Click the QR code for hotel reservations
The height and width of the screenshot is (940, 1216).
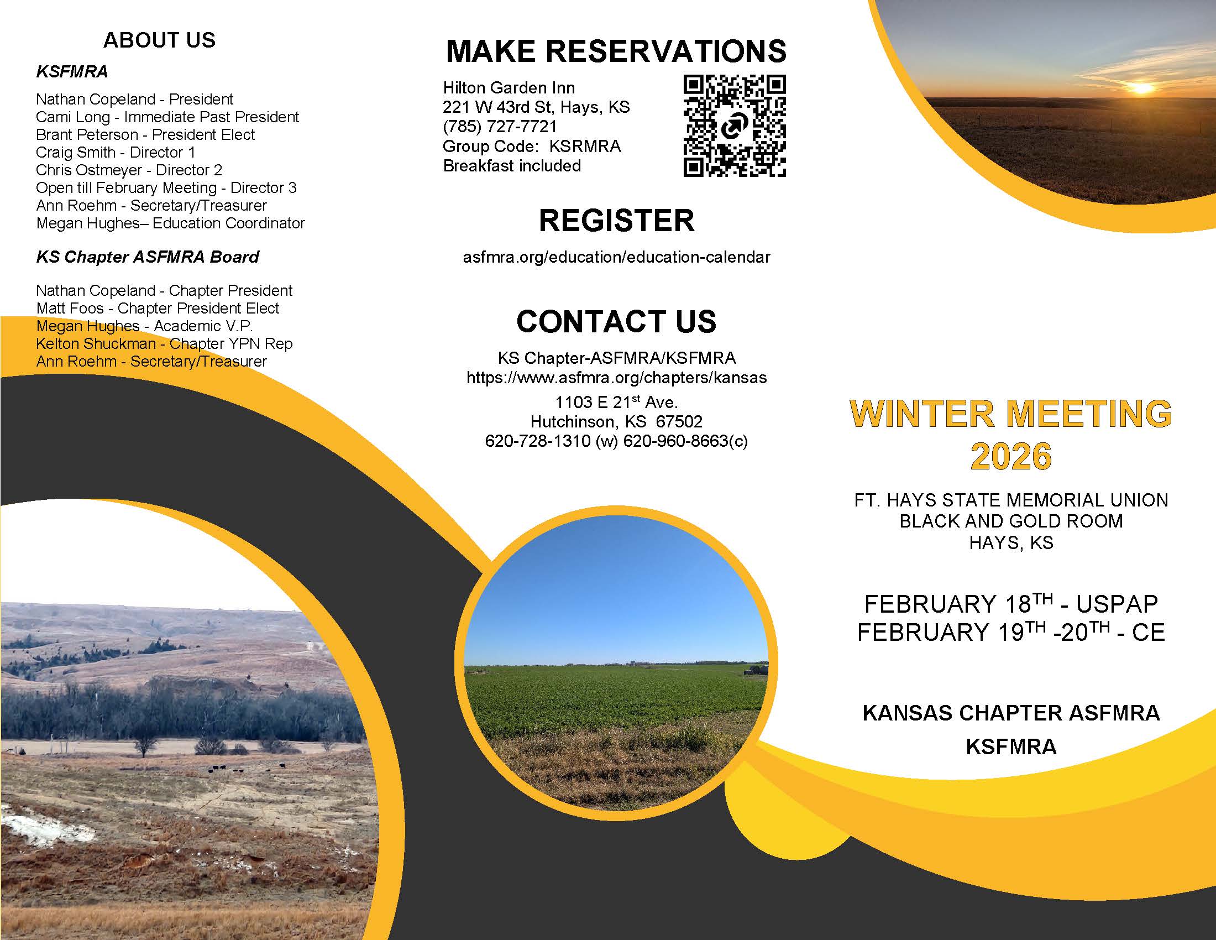pos(735,127)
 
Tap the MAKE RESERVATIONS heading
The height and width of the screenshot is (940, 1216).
pos(616,51)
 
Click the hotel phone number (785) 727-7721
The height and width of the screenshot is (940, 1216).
pos(500,127)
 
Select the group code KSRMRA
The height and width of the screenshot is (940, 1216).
pos(585,147)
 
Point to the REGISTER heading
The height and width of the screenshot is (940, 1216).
pos(616,221)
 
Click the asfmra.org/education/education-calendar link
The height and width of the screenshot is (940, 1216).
pos(616,257)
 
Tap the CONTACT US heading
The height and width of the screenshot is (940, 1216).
pos(616,321)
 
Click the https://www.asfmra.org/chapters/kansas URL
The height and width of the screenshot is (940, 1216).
pos(616,378)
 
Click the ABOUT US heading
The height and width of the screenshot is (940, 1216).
pos(159,40)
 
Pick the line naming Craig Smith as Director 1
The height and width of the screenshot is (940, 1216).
pos(116,152)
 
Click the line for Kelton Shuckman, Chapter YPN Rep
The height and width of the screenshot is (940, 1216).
pos(164,343)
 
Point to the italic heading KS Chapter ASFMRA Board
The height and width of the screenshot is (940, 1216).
pos(148,257)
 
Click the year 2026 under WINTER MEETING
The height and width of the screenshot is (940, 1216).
pos(1011,457)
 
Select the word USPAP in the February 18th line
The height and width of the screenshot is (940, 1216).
pos(1117,604)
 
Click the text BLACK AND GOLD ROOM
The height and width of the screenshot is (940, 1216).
pos(1011,521)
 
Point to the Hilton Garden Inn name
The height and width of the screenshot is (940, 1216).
pos(509,87)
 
